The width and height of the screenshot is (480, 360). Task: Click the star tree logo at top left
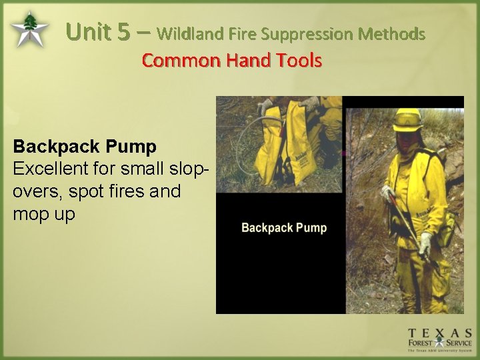pos(29,29)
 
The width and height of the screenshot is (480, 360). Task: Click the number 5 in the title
pos(125,32)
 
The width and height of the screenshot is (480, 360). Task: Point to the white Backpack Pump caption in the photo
pos(284,228)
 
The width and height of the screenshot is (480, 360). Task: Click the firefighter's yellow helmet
pos(407,119)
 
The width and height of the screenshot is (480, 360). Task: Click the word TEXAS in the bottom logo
pos(440,333)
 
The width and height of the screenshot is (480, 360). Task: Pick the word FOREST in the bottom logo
pos(421,344)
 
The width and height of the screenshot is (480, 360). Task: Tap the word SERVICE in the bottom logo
pos(459,344)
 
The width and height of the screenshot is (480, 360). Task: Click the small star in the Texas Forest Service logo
pos(439,344)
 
